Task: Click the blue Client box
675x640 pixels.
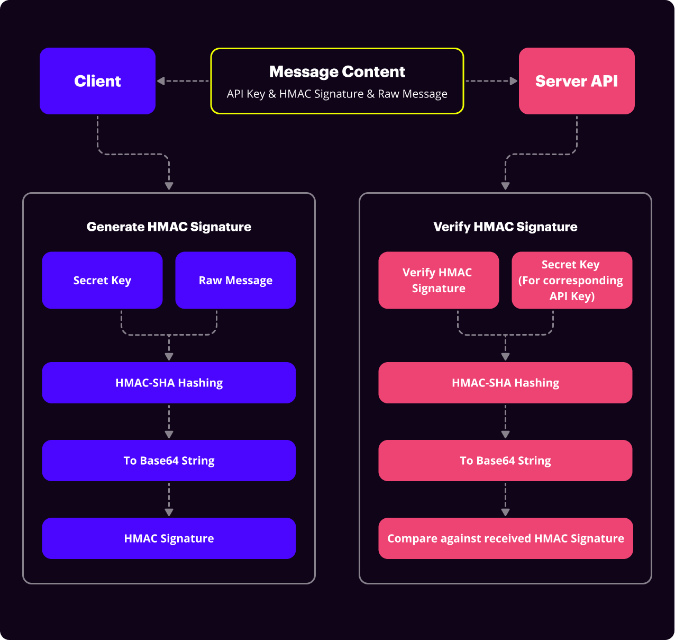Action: click(97, 81)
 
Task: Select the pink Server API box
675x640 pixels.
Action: click(577, 81)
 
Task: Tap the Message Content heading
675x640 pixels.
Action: click(337, 71)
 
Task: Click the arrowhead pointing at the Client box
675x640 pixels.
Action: click(161, 81)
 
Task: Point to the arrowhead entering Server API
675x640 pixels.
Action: click(513, 81)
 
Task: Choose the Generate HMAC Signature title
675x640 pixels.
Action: click(169, 227)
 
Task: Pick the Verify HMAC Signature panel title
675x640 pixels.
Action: click(505, 227)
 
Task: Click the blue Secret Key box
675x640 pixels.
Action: click(102, 280)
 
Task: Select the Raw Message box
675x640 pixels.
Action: click(235, 280)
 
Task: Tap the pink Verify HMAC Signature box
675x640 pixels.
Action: click(439, 280)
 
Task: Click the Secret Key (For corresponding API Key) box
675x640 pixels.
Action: click(572, 280)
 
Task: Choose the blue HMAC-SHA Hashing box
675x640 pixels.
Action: click(169, 383)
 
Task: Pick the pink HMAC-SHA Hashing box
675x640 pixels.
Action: click(505, 383)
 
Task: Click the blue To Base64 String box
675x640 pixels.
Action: click(169, 461)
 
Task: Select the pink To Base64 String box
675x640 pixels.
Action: click(505, 461)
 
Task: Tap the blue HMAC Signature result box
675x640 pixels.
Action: click(169, 538)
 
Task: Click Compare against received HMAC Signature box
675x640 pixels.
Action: click(505, 538)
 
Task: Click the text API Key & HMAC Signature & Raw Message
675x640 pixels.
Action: click(337, 94)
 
